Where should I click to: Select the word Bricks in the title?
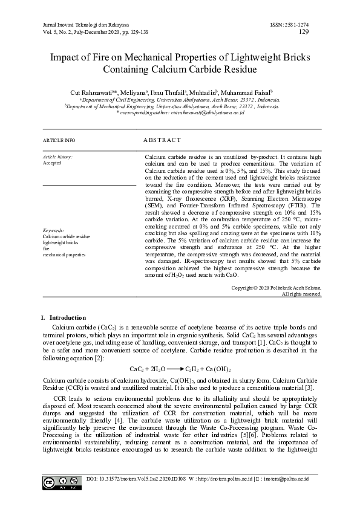(293, 58)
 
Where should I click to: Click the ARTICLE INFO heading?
(59, 140)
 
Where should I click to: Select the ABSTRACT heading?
(162, 140)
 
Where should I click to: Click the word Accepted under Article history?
(52, 163)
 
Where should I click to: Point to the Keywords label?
(54, 231)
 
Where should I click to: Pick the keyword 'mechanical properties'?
(64, 255)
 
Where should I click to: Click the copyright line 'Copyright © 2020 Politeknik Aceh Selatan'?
(276, 288)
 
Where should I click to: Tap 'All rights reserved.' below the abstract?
(301, 294)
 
